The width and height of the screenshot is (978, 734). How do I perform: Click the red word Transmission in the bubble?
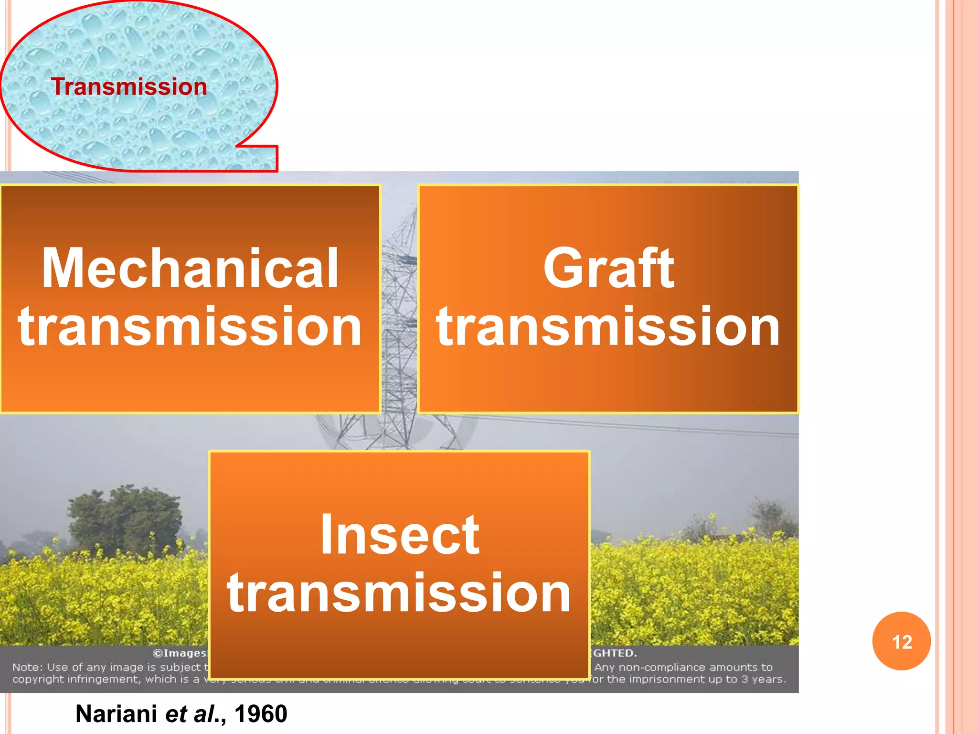[x=129, y=87]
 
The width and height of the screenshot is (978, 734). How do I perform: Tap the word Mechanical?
[x=190, y=269]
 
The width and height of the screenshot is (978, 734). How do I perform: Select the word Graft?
[x=608, y=269]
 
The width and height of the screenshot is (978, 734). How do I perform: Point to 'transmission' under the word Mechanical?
[x=190, y=327]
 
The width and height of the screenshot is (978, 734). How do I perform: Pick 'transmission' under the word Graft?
[x=608, y=327]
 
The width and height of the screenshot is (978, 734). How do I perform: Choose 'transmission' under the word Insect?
[x=400, y=593]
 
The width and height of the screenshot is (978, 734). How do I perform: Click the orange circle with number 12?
[x=901, y=641]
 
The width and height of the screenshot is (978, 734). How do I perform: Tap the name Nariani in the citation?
[x=116, y=714]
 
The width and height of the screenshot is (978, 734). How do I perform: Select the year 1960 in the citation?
[x=261, y=714]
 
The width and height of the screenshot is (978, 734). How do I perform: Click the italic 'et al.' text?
[x=191, y=714]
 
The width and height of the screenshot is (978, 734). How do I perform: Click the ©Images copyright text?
[x=180, y=653]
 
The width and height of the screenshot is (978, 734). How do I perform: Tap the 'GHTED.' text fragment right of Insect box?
[x=614, y=653]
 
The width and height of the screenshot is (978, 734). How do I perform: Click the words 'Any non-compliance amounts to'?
[x=683, y=667]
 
